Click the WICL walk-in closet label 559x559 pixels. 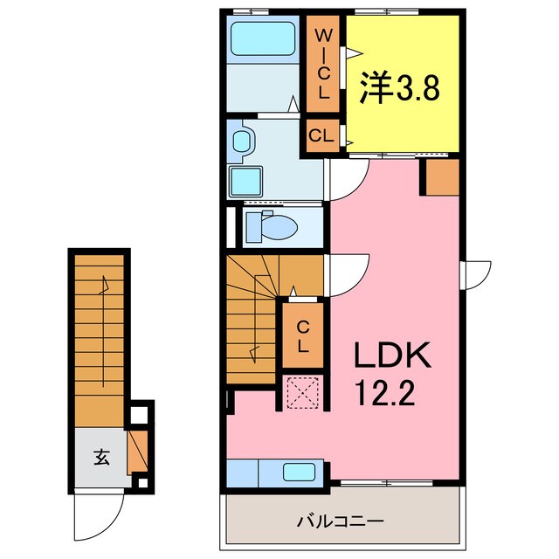(323, 64)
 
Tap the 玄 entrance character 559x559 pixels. (101, 456)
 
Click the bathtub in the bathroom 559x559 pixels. (261, 40)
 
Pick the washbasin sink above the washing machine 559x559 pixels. (242, 140)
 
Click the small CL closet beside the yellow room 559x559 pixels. (321, 135)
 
